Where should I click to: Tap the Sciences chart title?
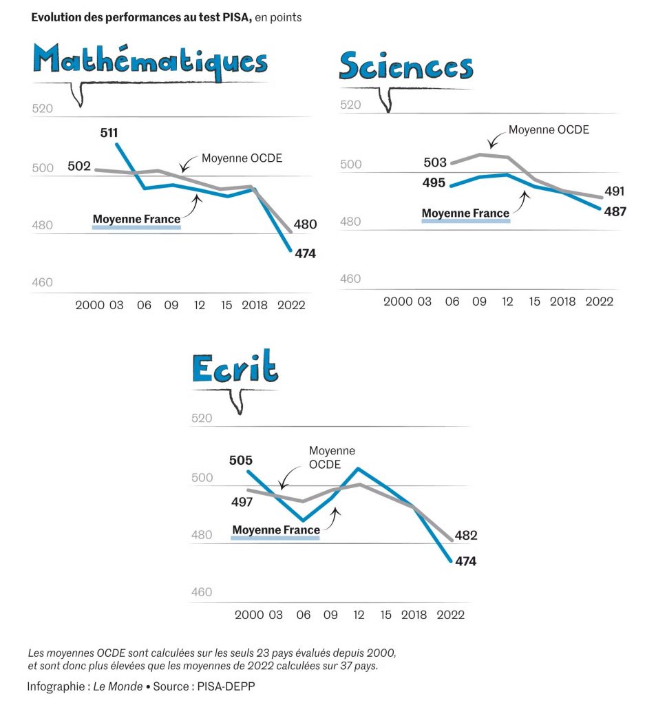[x=406, y=67]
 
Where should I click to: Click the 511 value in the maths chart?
[x=109, y=132]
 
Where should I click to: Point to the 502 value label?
[x=79, y=166]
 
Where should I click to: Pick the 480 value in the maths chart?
[x=305, y=224]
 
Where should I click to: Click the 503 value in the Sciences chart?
[x=435, y=162]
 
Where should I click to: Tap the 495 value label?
[x=435, y=183]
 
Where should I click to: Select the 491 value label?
[x=614, y=191]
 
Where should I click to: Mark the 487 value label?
[x=615, y=211]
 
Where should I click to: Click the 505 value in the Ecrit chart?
[x=241, y=461]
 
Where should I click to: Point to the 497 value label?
[x=242, y=502]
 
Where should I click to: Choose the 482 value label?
[x=466, y=535]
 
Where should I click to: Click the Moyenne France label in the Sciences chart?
[x=465, y=213]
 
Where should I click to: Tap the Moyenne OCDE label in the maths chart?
[x=242, y=158]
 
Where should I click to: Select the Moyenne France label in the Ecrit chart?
[x=276, y=530]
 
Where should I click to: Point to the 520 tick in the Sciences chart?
[x=351, y=105]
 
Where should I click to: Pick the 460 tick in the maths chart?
[x=42, y=282]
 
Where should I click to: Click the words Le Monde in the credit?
[x=118, y=686]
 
